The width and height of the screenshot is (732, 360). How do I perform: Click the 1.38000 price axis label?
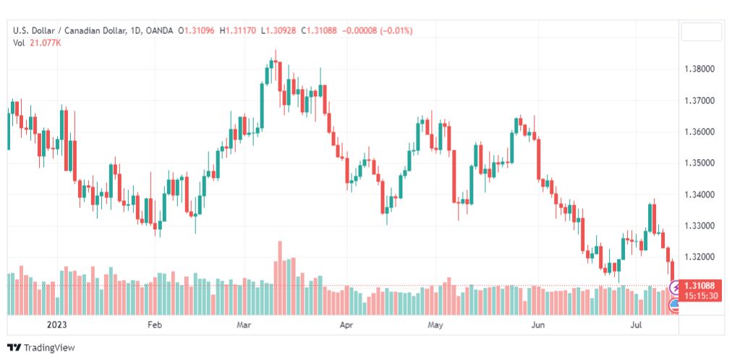(x=699, y=69)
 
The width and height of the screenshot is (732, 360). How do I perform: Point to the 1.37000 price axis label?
(x=699, y=100)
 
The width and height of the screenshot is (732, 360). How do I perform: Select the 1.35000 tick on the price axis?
(x=699, y=163)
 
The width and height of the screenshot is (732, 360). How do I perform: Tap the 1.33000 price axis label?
(x=699, y=226)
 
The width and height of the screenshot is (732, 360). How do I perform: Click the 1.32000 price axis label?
(x=699, y=257)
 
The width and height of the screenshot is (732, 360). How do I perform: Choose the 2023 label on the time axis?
(x=56, y=325)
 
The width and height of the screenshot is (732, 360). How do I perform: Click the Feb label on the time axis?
(x=154, y=325)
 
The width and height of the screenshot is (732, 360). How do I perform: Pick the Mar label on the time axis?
(x=244, y=325)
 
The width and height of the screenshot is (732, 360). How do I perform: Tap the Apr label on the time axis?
(x=346, y=325)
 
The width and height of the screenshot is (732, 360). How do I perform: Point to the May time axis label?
(x=435, y=325)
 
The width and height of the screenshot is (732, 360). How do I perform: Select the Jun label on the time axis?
(x=538, y=325)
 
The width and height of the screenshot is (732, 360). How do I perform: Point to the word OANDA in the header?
(x=160, y=31)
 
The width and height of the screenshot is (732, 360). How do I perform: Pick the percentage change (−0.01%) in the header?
(x=397, y=31)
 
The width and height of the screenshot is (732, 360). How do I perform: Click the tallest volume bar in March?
(x=280, y=278)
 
